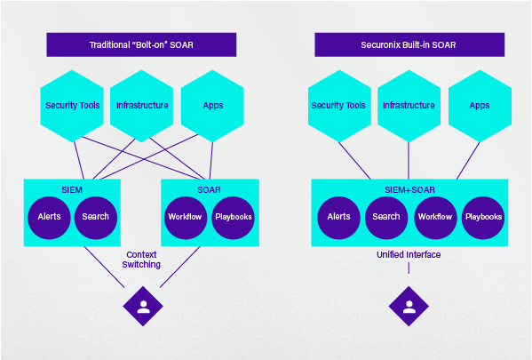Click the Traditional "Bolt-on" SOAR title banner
(x=141, y=45)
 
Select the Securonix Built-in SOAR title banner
(x=409, y=45)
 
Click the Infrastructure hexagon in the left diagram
(x=142, y=106)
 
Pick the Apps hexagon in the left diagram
(x=212, y=106)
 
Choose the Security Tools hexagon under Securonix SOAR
(x=338, y=106)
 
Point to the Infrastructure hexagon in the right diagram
(x=409, y=106)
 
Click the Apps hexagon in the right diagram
(x=479, y=106)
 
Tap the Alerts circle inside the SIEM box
(x=49, y=217)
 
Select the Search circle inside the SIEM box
(x=95, y=217)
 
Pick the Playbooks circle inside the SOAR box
(x=234, y=217)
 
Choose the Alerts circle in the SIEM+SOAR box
(x=338, y=217)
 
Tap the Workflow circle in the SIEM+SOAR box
(x=435, y=217)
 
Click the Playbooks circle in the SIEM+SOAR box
(x=483, y=217)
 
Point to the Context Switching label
(x=142, y=260)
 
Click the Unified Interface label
(x=409, y=254)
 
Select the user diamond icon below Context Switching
(x=142, y=307)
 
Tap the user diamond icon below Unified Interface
(x=409, y=307)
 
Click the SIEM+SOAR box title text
(x=409, y=189)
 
